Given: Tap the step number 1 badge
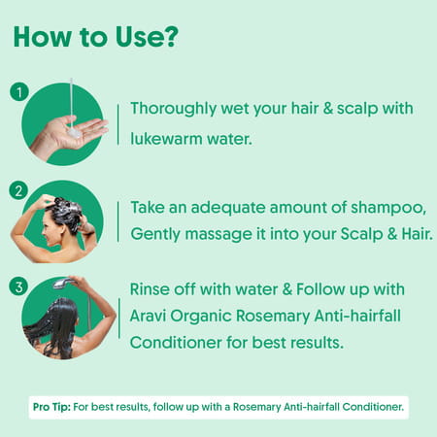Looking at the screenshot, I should click(17, 92).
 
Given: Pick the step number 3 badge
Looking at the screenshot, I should click(17, 285).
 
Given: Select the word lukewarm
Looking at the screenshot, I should click(168, 138).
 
